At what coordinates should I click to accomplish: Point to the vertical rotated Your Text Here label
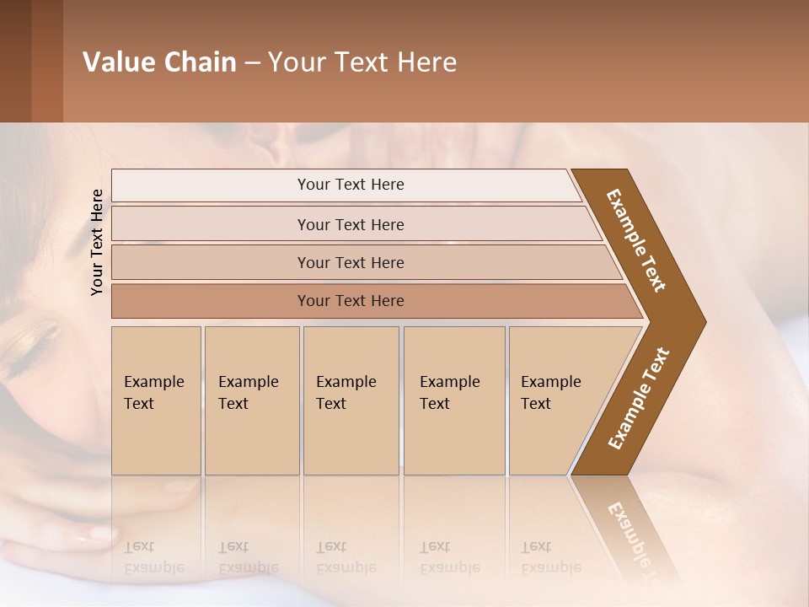click(x=97, y=242)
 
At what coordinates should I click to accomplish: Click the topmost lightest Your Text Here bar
click(x=350, y=185)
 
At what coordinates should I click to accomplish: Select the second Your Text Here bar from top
click(x=350, y=224)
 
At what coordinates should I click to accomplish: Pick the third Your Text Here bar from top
click(x=350, y=262)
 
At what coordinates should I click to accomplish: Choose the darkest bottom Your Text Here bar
click(x=350, y=301)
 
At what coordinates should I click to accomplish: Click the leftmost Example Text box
click(x=156, y=400)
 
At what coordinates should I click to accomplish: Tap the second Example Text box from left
click(x=251, y=400)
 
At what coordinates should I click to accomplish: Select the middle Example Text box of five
click(x=351, y=400)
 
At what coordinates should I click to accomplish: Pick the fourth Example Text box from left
click(x=453, y=400)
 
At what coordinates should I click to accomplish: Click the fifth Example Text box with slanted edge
click(x=556, y=400)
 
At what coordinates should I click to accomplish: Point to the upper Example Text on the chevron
click(x=636, y=240)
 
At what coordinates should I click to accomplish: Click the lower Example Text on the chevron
click(x=639, y=399)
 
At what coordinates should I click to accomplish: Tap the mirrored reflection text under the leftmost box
click(x=153, y=557)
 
